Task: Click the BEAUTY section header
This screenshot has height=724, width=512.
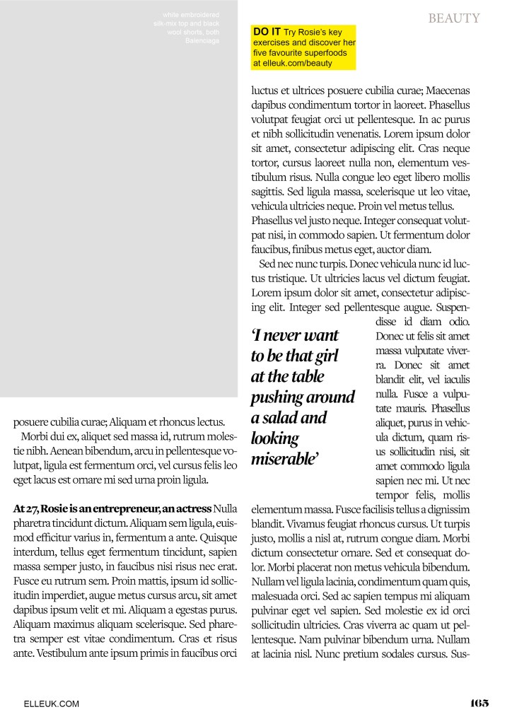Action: click(x=453, y=18)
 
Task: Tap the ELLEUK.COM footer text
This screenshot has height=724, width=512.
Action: click(x=52, y=703)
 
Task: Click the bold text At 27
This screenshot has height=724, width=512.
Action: click(x=26, y=508)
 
